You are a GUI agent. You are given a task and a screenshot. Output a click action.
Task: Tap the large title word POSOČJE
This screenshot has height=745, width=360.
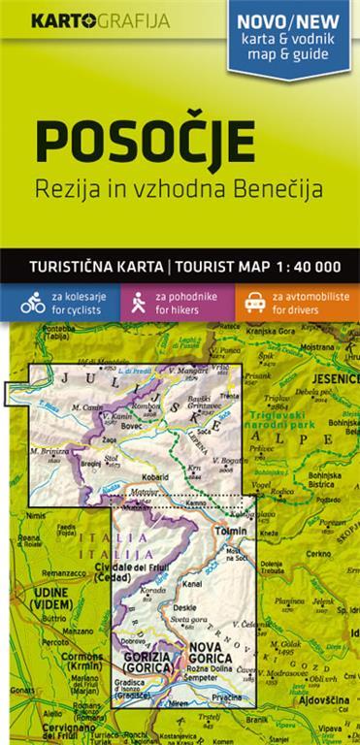click(x=146, y=141)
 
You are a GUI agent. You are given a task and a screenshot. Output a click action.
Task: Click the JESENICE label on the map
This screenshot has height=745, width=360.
click(x=332, y=378)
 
